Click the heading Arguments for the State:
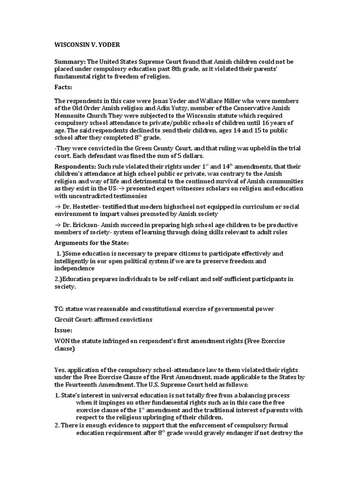[91, 243]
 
